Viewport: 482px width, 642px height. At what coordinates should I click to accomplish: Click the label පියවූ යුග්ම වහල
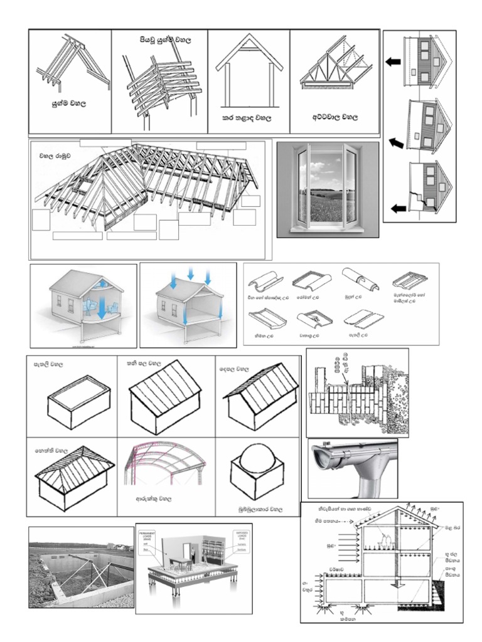[164, 39]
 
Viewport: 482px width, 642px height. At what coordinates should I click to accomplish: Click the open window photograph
[327, 189]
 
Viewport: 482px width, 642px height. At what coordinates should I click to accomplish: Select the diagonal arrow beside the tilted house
[395, 143]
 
